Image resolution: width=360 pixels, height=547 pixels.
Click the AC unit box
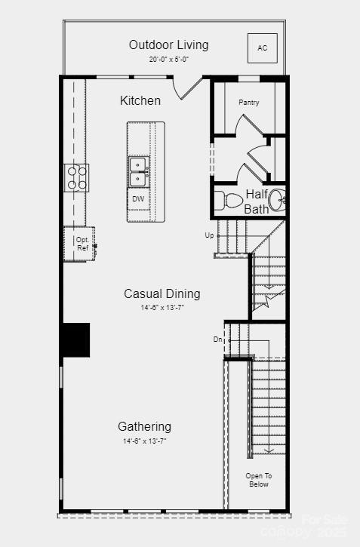(x=262, y=48)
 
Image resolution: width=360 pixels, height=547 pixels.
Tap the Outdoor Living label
(x=168, y=45)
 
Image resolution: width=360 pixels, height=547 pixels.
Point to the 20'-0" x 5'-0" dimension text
(x=168, y=59)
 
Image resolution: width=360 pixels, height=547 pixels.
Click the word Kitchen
(x=140, y=100)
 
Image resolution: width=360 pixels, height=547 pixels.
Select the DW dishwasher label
(x=138, y=199)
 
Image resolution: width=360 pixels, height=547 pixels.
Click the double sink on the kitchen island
(x=138, y=172)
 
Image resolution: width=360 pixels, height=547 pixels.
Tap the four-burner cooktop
(x=77, y=177)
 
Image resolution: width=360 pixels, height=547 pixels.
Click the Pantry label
(x=249, y=103)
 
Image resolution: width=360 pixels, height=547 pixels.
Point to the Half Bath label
(x=257, y=201)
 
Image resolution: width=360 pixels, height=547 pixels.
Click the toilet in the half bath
(x=229, y=201)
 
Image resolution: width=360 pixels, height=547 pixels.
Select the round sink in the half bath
(x=276, y=200)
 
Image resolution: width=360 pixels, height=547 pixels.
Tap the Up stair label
(x=209, y=235)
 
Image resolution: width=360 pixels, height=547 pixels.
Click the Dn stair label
(x=217, y=340)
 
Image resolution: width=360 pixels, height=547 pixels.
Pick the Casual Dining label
(x=162, y=293)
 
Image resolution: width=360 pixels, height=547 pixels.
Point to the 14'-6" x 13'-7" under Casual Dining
(x=162, y=308)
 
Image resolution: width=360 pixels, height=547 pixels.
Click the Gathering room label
(x=144, y=426)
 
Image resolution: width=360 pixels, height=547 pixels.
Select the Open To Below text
(x=258, y=480)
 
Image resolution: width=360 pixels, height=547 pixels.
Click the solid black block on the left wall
(x=75, y=340)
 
